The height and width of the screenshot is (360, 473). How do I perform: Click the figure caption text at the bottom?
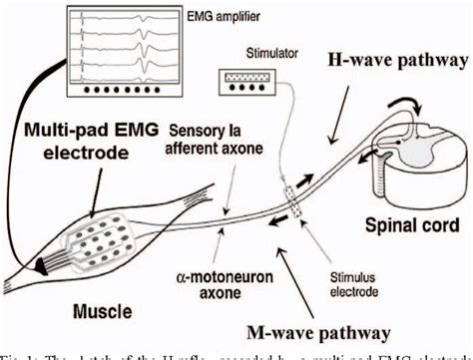coord(236,352)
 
